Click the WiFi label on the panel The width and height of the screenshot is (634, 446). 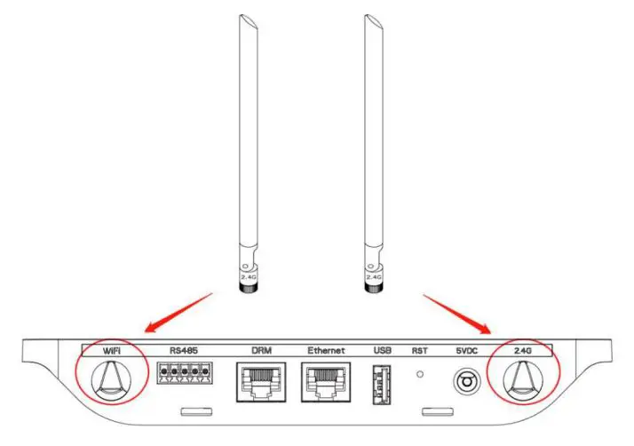coord(111,350)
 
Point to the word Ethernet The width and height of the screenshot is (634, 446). coord(325,350)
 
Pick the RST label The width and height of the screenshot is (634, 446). coord(419,350)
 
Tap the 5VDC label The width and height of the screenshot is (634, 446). coord(465,350)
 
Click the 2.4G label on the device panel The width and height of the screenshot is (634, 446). coord(522,350)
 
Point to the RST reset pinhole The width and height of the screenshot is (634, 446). coord(420,375)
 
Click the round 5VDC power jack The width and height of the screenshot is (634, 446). coord(465,381)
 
